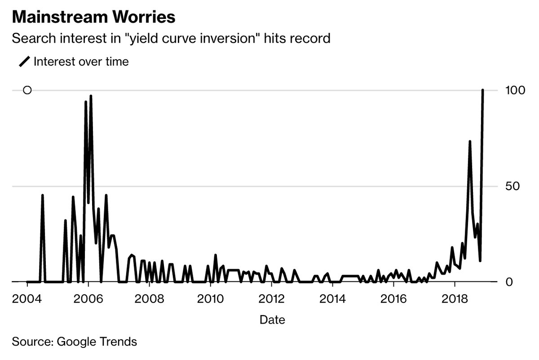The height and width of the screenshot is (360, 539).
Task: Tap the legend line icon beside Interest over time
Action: click(24, 62)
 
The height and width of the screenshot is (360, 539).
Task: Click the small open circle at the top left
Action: click(27, 90)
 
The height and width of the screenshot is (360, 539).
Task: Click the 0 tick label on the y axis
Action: click(509, 282)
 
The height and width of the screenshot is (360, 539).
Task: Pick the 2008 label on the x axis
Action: click(149, 299)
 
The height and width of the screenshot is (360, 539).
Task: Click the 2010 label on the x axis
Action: click(210, 299)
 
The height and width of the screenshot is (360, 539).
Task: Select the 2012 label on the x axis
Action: click(271, 299)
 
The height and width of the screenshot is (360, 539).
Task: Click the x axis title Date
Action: click(272, 320)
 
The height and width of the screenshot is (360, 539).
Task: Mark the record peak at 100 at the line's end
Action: click(483, 90)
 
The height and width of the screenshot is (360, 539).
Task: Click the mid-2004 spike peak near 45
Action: click(42, 196)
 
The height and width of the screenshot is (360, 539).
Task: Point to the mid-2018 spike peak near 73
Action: click(470, 142)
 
